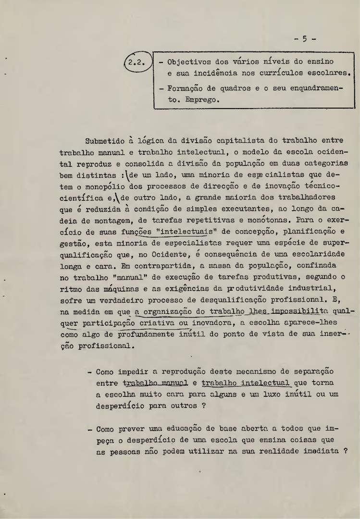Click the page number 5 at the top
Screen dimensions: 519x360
(x=304, y=40)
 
